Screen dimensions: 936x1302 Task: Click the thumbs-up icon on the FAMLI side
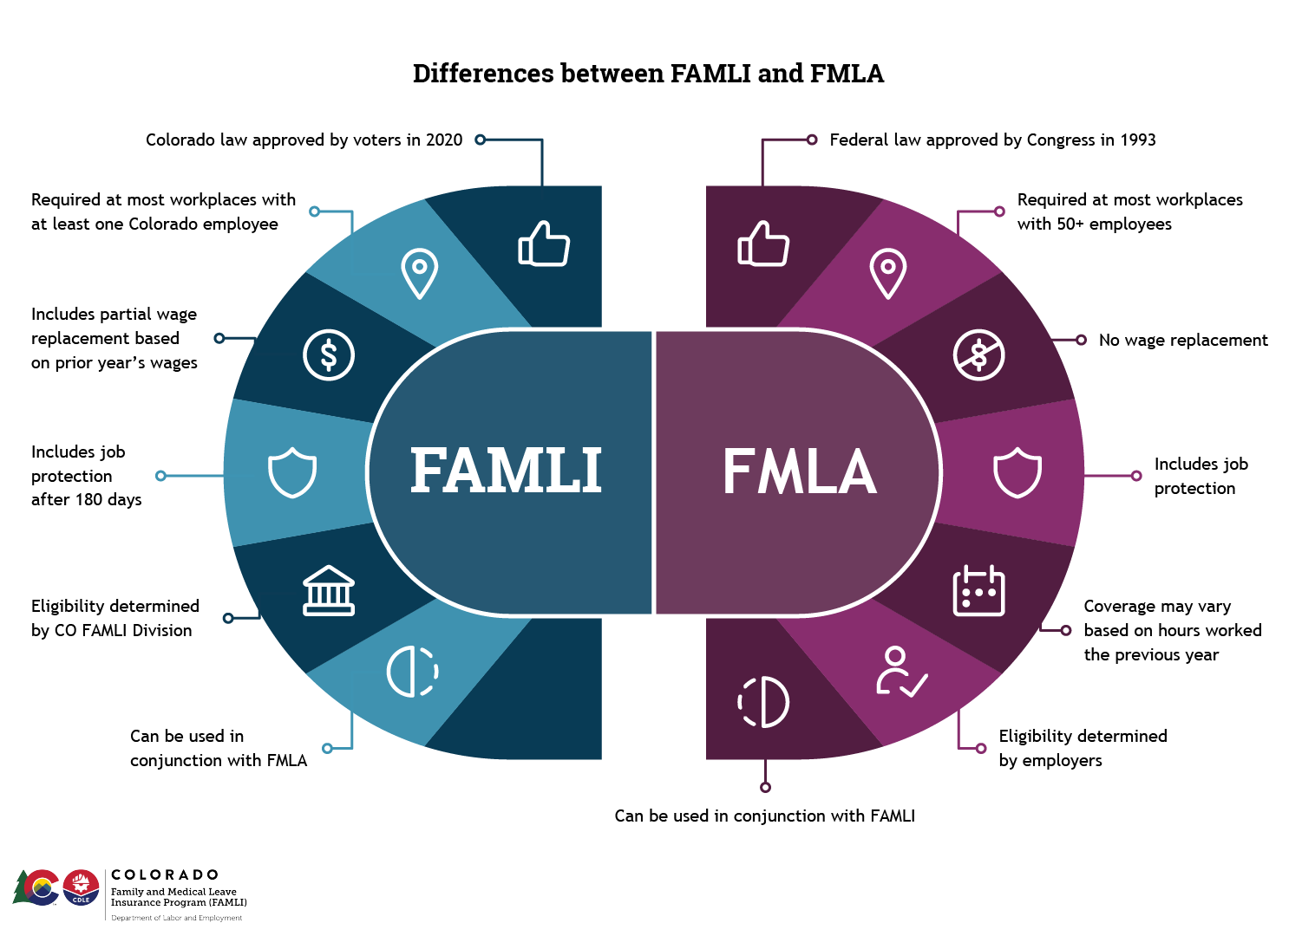[x=544, y=244]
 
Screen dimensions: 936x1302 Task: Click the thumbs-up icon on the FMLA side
[x=763, y=244]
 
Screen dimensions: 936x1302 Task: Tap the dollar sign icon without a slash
[x=329, y=354]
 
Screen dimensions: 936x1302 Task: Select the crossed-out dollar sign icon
[x=978, y=354]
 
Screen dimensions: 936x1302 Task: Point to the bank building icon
[x=329, y=591]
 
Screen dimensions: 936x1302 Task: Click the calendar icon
[x=978, y=591]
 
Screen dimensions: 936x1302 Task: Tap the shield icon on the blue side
[x=292, y=472]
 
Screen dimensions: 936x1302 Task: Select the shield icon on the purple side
[x=1017, y=472]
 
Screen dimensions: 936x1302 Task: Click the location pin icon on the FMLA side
[x=888, y=273]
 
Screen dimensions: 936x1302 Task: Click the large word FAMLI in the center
[x=506, y=471]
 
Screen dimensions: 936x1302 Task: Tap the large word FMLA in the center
[x=799, y=471]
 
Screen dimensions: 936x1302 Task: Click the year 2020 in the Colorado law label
[x=444, y=140]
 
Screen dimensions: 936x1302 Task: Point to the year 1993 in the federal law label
[x=1137, y=140]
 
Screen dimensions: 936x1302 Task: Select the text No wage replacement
[x=1183, y=341]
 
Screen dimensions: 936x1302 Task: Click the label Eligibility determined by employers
[x=1082, y=748]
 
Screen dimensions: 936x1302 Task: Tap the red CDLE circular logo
[x=82, y=887]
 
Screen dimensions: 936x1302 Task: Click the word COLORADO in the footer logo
[x=165, y=874]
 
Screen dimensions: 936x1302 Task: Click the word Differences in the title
[x=482, y=74]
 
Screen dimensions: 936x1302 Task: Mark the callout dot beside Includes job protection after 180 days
[x=160, y=476]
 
